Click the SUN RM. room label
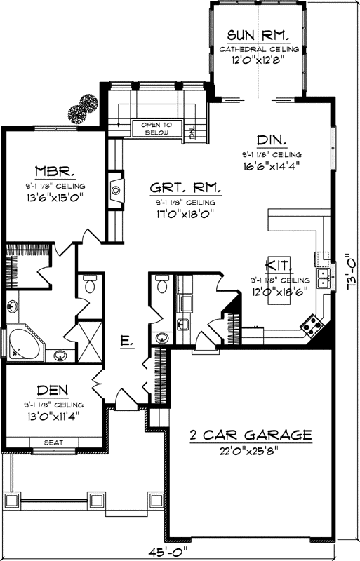[259, 34]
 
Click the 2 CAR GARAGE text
[250, 435]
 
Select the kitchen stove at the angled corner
[310, 323]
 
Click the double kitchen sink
[324, 278]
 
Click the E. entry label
[126, 342]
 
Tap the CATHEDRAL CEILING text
[259, 50]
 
